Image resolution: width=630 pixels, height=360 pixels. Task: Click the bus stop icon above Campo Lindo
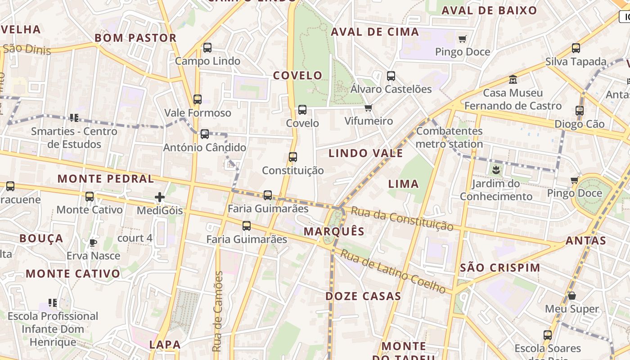(207, 47)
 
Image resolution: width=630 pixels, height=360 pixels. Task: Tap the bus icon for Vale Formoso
(197, 99)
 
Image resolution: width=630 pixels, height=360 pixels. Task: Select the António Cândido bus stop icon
(204, 134)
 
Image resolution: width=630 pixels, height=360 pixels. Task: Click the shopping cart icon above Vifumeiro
(368, 108)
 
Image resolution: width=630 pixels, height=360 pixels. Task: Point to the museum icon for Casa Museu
(513, 80)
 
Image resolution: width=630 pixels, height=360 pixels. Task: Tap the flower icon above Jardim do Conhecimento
(496, 170)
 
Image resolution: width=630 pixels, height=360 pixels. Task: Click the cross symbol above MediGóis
(159, 197)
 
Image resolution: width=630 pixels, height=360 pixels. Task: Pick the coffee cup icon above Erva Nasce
(93, 243)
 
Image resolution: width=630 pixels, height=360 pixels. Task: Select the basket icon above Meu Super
(571, 296)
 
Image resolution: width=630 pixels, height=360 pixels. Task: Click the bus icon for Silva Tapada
(576, 48)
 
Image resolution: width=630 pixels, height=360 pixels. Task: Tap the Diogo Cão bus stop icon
(579, 110)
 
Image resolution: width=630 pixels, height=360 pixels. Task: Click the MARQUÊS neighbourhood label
(334, 231)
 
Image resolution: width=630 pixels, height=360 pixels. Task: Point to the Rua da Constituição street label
(402, 218)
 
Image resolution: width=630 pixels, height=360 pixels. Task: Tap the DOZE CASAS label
(363, 296)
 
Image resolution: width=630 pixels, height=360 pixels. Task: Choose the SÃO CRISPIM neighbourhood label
(500, 268)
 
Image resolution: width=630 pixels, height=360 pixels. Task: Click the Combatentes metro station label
(449, 138)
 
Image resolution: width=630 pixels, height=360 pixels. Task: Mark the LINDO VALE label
(365, 153)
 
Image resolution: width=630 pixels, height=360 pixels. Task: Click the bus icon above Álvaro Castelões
(391, 76)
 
